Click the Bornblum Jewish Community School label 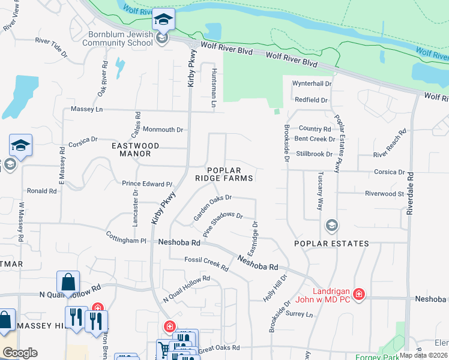(x=117, y=38)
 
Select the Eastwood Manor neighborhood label (x=136, y=149)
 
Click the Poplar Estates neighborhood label (x=331, y=244)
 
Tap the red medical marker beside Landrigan (x=359, y=294)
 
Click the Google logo (x=20, y=353)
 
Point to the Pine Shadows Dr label (x=223, y=224)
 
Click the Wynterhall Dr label (x=312, y=83)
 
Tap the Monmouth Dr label (x=163, y=130)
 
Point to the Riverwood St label (x=384, y=194)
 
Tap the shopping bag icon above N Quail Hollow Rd (x=68, y=282)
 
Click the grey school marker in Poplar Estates (x=331, y=226)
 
